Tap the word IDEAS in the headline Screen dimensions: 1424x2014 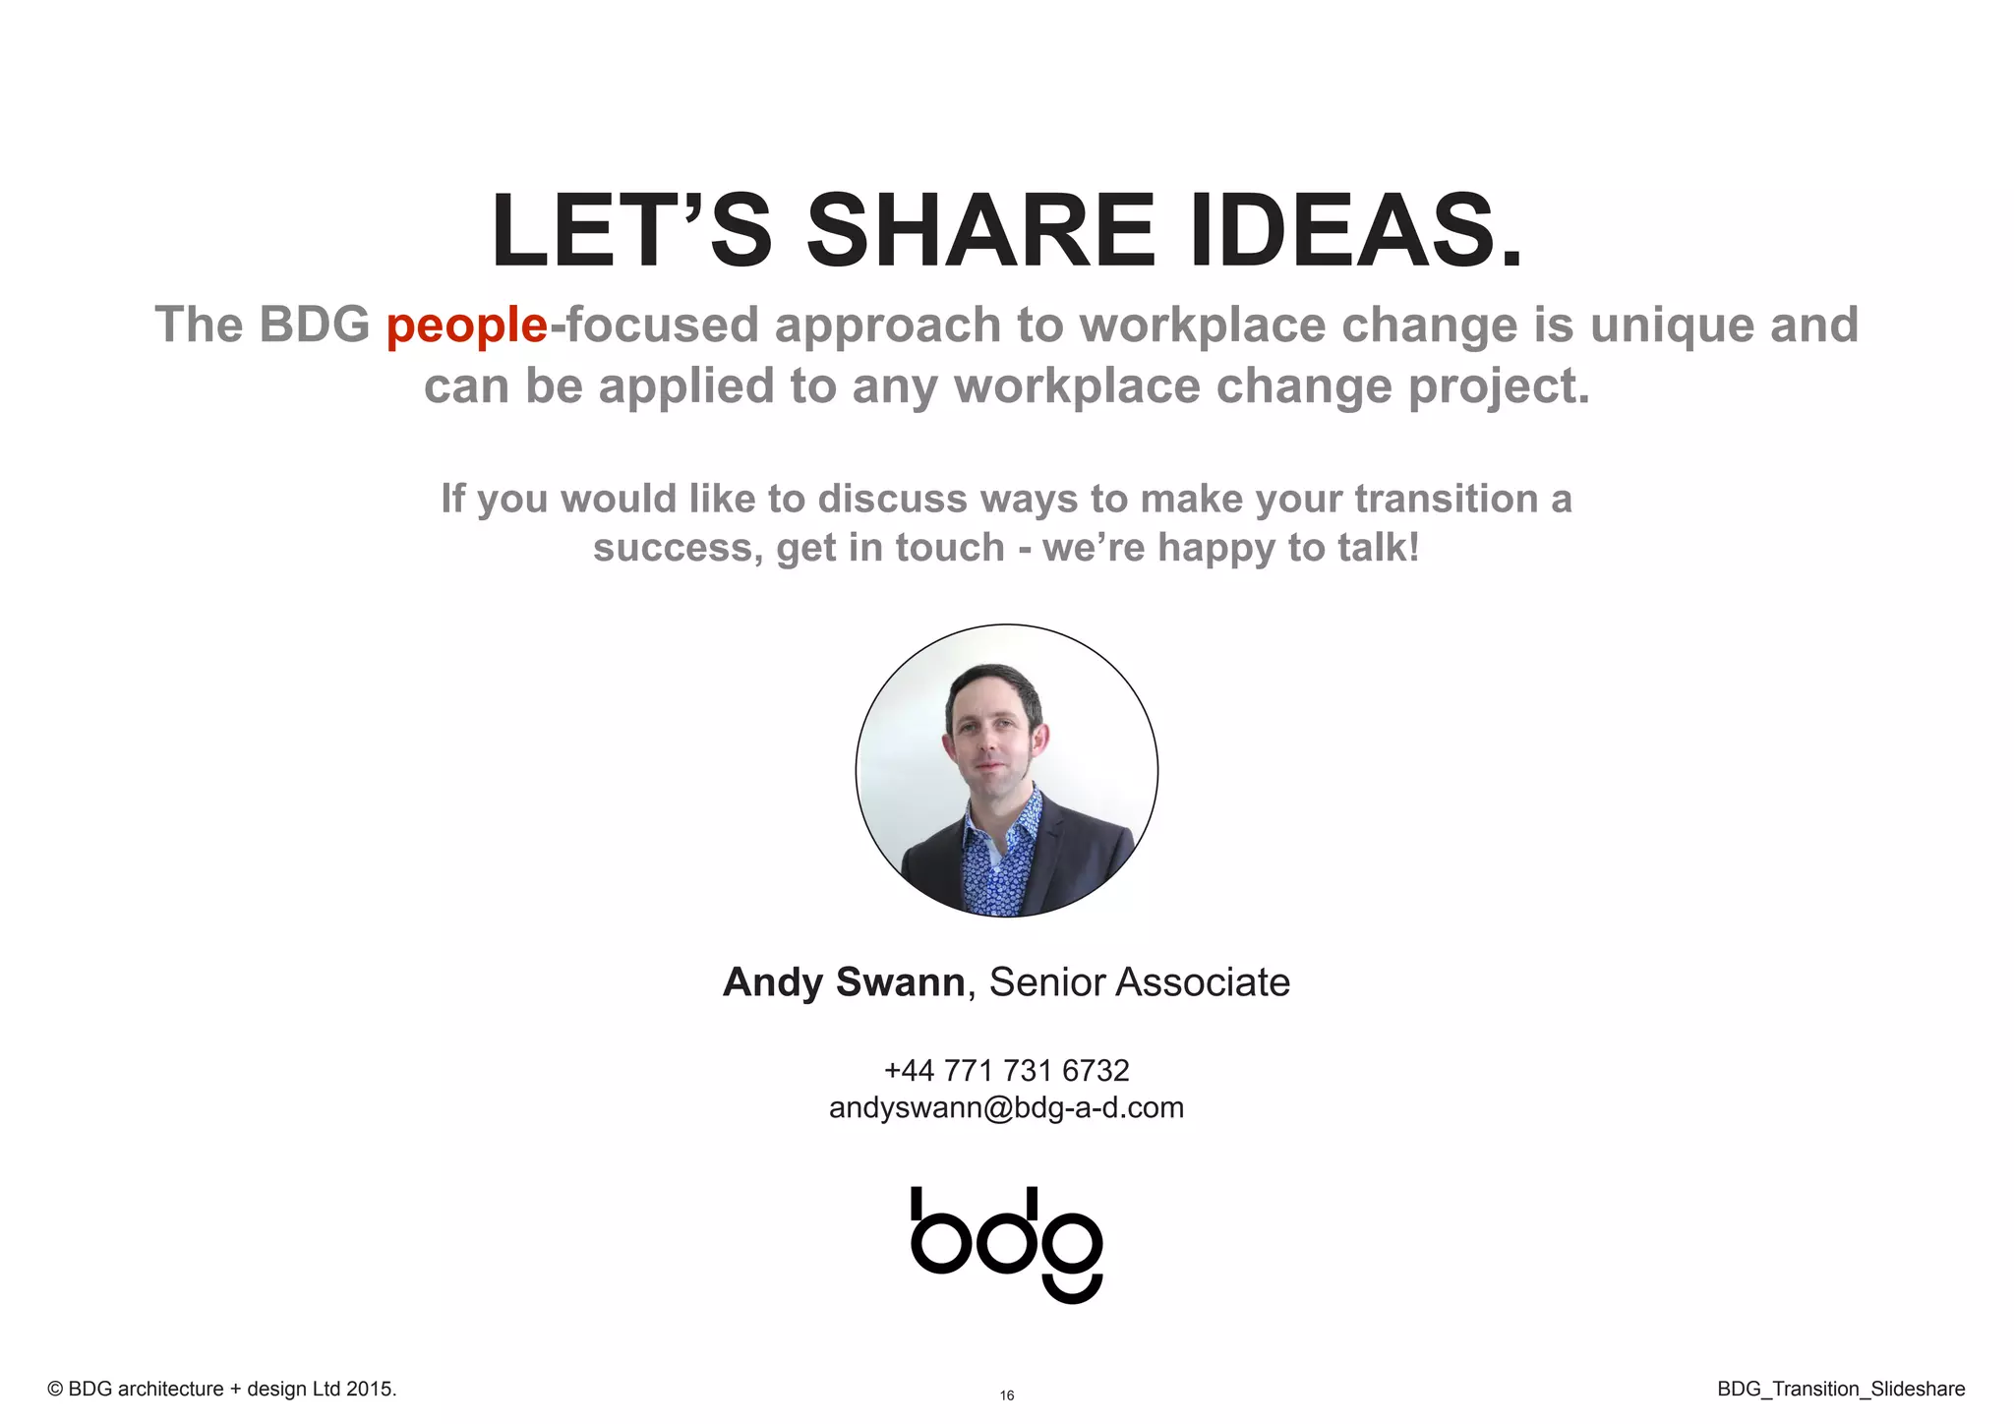click(1355, 231)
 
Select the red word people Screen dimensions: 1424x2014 click(466, 326)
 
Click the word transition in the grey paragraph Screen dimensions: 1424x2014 click(1445, 499)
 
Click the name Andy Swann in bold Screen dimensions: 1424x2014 click(844, 982)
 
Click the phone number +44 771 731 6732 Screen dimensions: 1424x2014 click(1007, 1070)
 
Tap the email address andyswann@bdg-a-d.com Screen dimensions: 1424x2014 click(1007, 1108)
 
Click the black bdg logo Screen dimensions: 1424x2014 click(1007, 1243)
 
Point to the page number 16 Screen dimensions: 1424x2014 click(1007, 1395)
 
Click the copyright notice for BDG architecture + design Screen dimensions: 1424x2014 click(222, 1389)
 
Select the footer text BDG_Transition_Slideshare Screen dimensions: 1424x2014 click(1841, 1389)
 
